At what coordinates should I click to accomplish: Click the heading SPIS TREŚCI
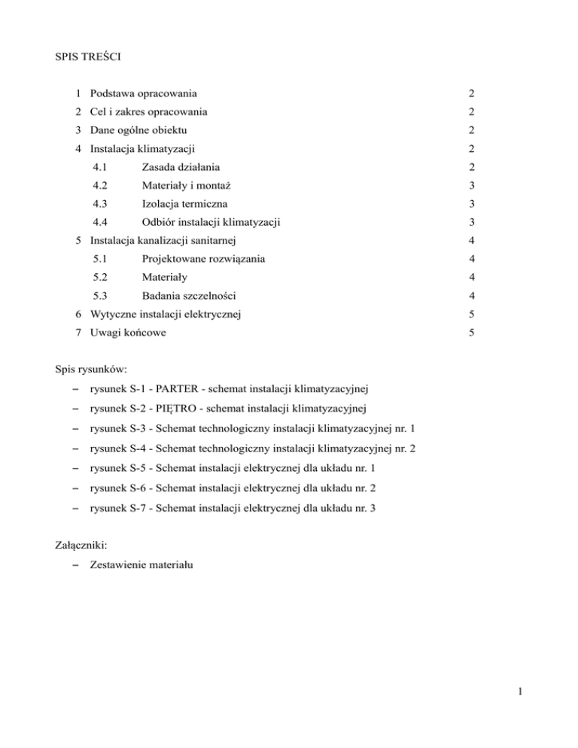87,58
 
